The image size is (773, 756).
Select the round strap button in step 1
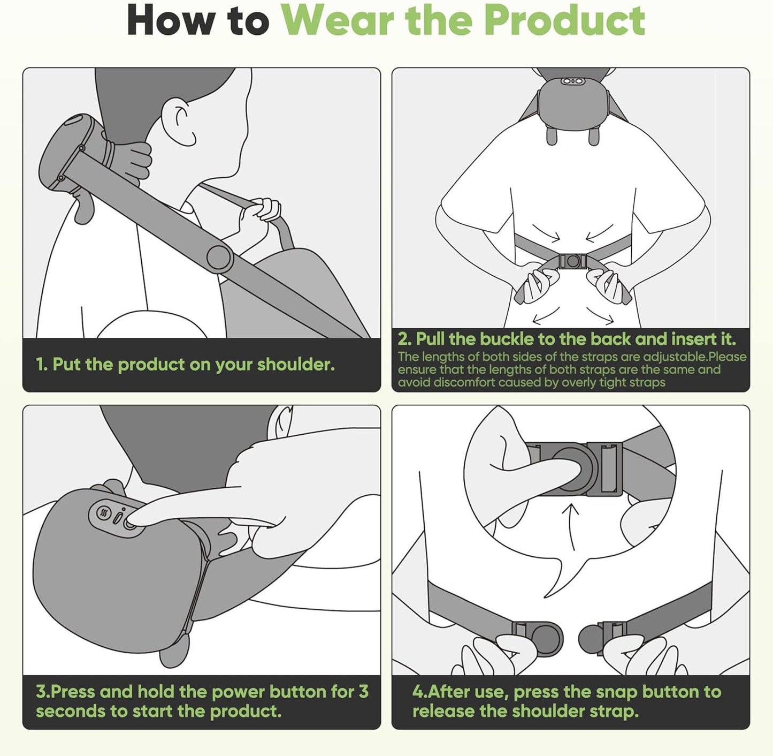[x=220, y=258]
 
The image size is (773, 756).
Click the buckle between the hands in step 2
[x=572, y=261]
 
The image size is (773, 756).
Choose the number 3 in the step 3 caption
[x=364, y=691]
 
